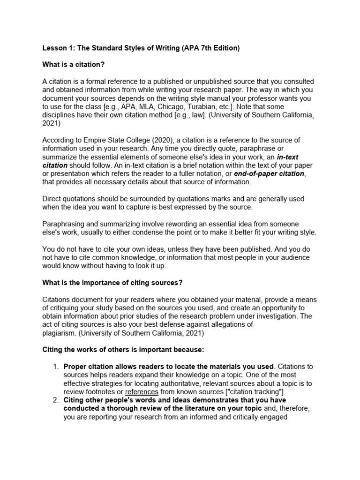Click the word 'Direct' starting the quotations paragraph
[x=53, y=199]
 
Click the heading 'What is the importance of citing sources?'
[x=112, y=283]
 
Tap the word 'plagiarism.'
[x=60, y=333]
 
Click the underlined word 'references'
[x=142, y=391]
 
